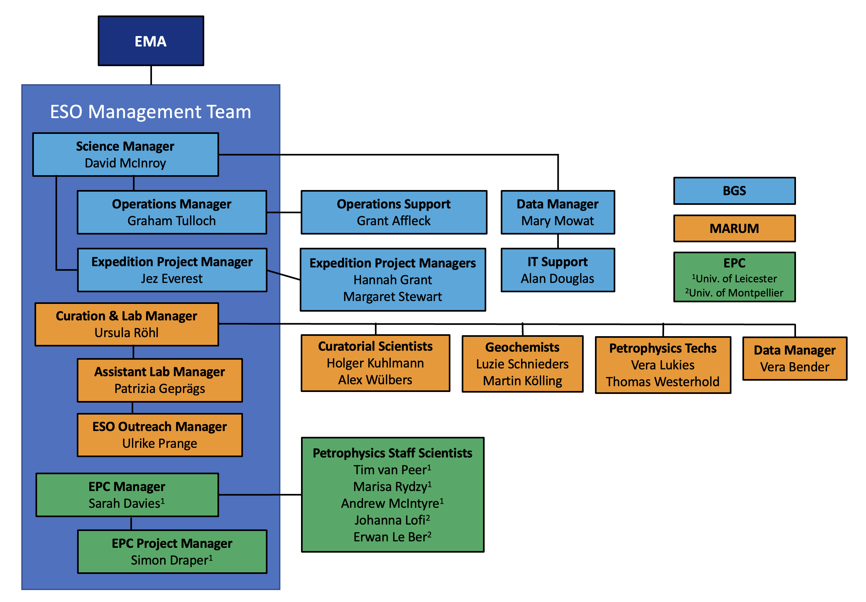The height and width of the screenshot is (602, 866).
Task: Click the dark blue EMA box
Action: (151, 41)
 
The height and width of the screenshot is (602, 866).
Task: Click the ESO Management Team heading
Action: (150, 112)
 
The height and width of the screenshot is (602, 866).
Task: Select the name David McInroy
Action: (125, 163)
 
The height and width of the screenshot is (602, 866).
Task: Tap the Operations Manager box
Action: (172, 212)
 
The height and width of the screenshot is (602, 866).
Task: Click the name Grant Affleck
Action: (393, 221)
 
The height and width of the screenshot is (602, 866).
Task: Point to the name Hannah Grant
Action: (393, 280)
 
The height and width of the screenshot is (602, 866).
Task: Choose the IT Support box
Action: (558, 270)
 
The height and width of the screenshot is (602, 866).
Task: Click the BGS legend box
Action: (734, 191)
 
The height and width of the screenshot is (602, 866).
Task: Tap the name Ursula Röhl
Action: (126, 333)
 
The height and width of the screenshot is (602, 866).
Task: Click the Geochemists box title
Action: (522, 347)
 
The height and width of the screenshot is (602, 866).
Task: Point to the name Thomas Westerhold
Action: (663, 382)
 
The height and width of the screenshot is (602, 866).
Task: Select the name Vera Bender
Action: (794, 367)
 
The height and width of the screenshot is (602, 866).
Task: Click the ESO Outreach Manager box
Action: (159, 435)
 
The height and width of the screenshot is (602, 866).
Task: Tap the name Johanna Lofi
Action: (390, 520)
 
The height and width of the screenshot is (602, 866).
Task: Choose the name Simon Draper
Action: (169, 560)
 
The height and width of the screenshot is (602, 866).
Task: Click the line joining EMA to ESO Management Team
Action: (151, 75)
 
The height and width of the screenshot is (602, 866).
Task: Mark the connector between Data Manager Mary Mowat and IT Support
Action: (558, 241)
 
